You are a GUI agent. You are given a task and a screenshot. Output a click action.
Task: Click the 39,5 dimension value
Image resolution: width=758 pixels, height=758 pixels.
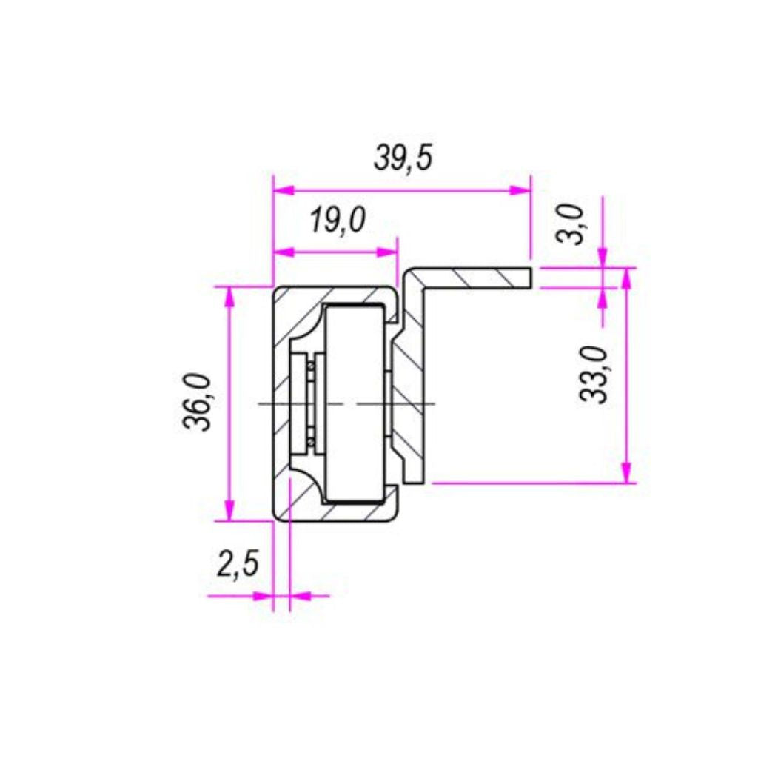point(403,158)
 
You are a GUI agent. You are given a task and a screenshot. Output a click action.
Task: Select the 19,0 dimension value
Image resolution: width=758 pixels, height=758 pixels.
point(338,221)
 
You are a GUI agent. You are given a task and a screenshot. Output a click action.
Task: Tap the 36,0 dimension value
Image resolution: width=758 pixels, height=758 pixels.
point(197,402)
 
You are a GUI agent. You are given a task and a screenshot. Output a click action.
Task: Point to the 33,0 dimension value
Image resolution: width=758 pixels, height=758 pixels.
point(594,374)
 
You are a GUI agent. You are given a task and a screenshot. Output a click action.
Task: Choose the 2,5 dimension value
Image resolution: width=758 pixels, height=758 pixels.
point(238,563)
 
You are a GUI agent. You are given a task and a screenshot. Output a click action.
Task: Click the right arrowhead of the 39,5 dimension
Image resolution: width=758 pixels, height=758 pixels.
point(520,190)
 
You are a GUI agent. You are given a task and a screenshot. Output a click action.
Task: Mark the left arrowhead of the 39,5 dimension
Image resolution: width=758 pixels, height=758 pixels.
point(284,190)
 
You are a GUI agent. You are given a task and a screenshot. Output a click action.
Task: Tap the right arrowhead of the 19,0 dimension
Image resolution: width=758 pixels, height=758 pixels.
point(386,252)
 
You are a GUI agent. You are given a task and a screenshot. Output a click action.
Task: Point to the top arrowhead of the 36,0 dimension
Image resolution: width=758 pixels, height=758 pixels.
point(229,298)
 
